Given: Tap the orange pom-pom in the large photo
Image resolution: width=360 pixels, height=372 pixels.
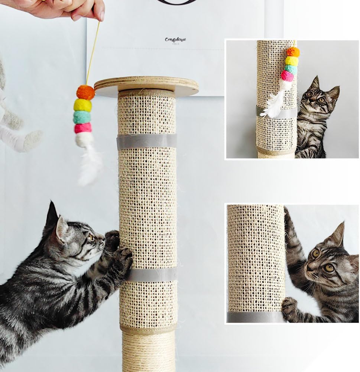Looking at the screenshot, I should click(85, 92).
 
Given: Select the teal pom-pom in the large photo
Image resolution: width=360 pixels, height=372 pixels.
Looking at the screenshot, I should click(82, 117).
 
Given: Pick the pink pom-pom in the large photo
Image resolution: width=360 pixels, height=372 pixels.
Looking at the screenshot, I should click(82, 128).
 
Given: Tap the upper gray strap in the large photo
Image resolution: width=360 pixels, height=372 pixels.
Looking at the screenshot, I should click(147, 141).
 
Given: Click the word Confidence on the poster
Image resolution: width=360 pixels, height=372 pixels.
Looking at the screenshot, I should click(175, 39).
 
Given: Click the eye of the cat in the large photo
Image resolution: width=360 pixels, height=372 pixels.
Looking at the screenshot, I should click(90, 237).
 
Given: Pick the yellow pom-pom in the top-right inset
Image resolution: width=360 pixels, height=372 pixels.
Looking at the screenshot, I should click(292, 61).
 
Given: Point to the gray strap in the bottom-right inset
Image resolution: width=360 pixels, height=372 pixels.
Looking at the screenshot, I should click(255, 317).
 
